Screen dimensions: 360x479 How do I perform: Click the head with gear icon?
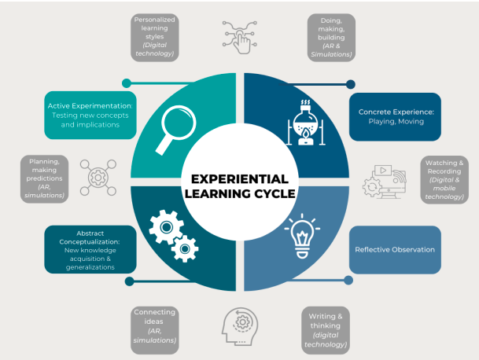click(240, 325)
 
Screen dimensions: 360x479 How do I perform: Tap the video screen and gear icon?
click(384, 180)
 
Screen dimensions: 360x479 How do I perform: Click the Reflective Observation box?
click(395, 250)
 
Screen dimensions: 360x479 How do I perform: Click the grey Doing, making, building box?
click(329, 37)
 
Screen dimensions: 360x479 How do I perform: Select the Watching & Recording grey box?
click(445, 180)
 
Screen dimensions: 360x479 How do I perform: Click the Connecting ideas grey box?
click(154, 325)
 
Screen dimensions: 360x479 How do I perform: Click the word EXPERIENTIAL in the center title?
click(240, 179)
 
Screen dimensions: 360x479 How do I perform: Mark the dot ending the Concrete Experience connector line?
click(351, 83)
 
